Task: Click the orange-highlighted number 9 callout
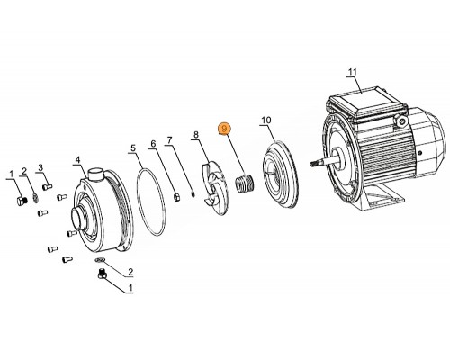[225, 130]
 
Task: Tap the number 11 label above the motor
[353, 71]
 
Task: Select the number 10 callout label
[265, 120]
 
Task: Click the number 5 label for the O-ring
[132, 148]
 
